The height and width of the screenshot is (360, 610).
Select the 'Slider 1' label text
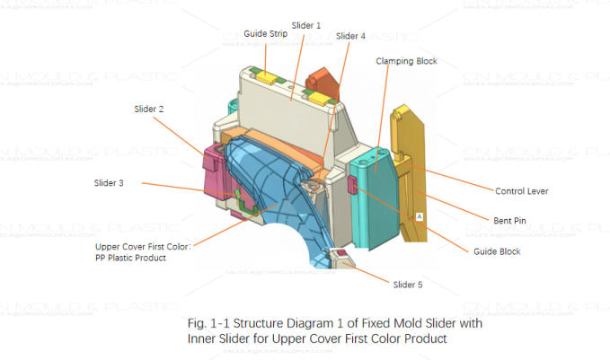[x=305, y=25]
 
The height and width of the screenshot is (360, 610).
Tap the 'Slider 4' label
[x=350, y=37]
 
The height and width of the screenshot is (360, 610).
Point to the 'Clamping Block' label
[x=406, y=61]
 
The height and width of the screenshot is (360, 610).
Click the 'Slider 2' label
[x=148, y=109]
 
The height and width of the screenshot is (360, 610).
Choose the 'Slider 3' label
[x=109, y=183]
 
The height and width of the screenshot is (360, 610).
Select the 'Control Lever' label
[x=521, y=191]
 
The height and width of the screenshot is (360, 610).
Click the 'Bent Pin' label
[x=511, y=220]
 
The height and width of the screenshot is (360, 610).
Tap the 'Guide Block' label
[x=497, y=251]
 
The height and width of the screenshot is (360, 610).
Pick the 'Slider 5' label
[x=407, y=285]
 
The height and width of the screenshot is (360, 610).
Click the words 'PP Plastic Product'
[x=143, y=257]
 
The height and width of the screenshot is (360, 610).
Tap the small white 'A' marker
[x=419, y=216]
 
